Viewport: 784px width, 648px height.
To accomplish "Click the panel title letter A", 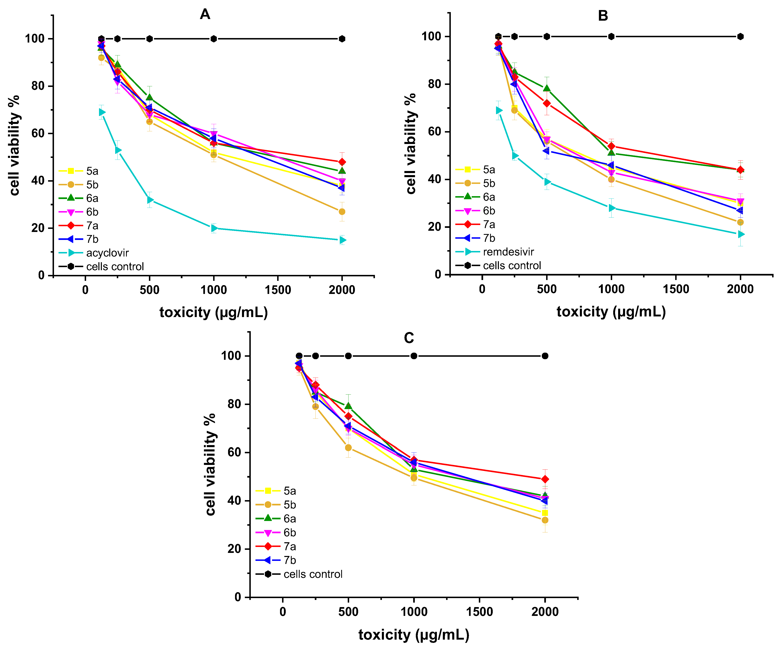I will (x=205, y=14).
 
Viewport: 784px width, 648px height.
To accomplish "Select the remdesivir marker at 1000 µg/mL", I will (x=611, y=208).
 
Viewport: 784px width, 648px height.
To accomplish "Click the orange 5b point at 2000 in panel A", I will (x=342, y=212).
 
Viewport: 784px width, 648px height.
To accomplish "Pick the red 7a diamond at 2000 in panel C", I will (x=545, y=479).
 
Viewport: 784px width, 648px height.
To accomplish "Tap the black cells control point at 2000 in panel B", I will (x=740, y=37).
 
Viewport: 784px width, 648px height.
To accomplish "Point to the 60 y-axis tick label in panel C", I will (x=234, y=452).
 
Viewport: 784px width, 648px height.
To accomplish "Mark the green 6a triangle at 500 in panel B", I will (x=547, y=88).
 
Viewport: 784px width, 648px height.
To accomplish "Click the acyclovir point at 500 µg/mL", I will (x=150, y=200).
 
